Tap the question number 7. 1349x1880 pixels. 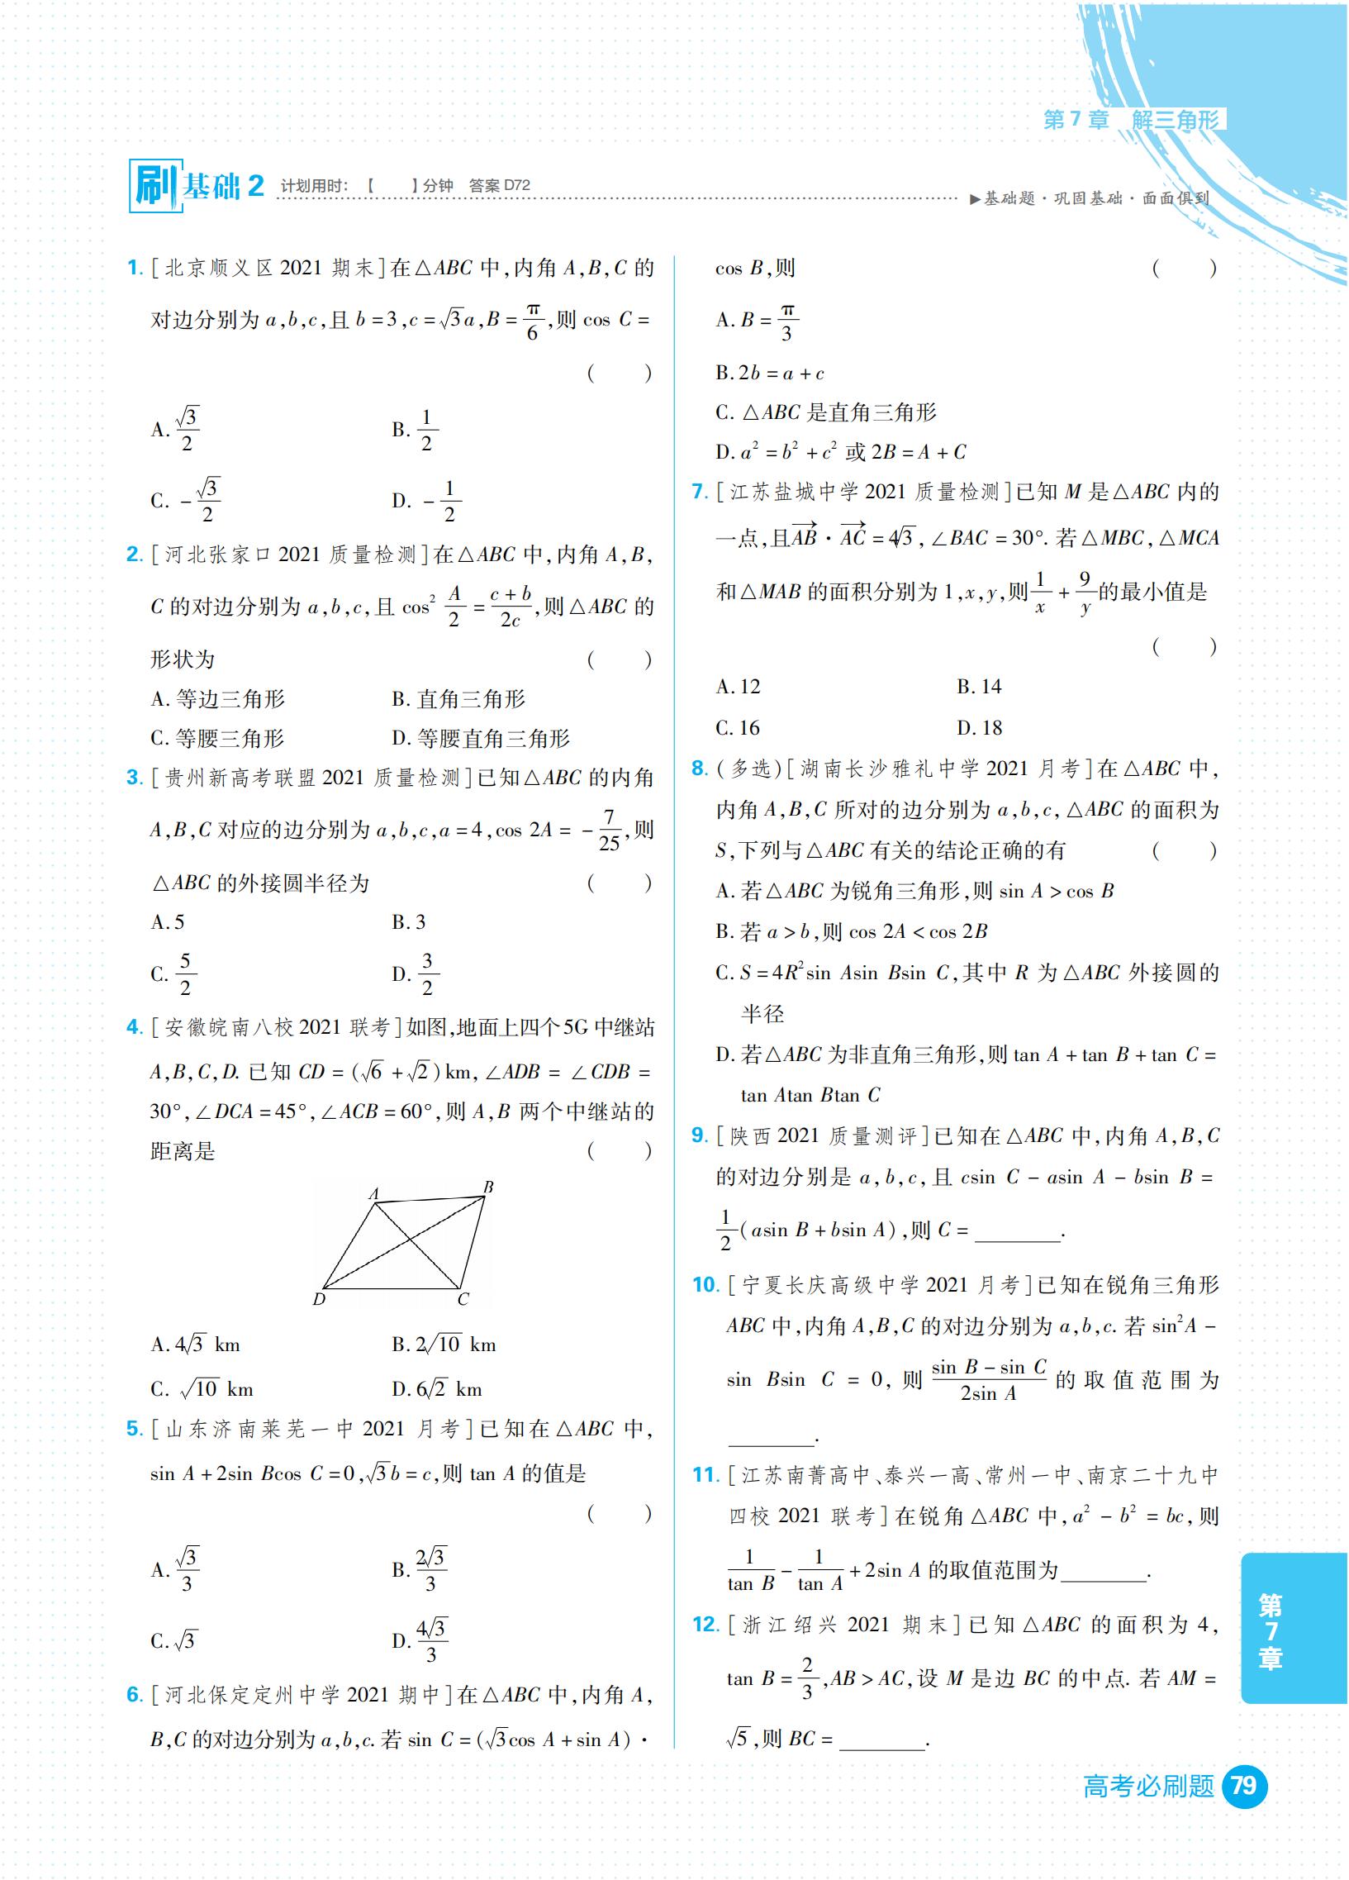700,492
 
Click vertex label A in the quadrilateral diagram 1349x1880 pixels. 373,1194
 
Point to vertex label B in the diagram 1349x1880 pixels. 489,1187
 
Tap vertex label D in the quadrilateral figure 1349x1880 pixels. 319,1299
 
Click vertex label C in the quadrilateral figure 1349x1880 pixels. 463,1299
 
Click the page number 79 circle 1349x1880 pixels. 1244,1785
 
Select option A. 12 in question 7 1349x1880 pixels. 738,687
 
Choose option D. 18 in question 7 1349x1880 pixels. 980,728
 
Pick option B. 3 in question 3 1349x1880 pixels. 409,921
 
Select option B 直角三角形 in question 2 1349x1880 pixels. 458,699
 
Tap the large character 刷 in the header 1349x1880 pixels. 154,186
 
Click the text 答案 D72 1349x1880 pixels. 499,185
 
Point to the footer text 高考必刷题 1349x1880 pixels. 1148,1786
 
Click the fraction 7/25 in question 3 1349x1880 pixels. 609,830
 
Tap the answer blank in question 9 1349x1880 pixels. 1018,1231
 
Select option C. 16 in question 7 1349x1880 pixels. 738,728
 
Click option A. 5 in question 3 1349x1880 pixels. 168,921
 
